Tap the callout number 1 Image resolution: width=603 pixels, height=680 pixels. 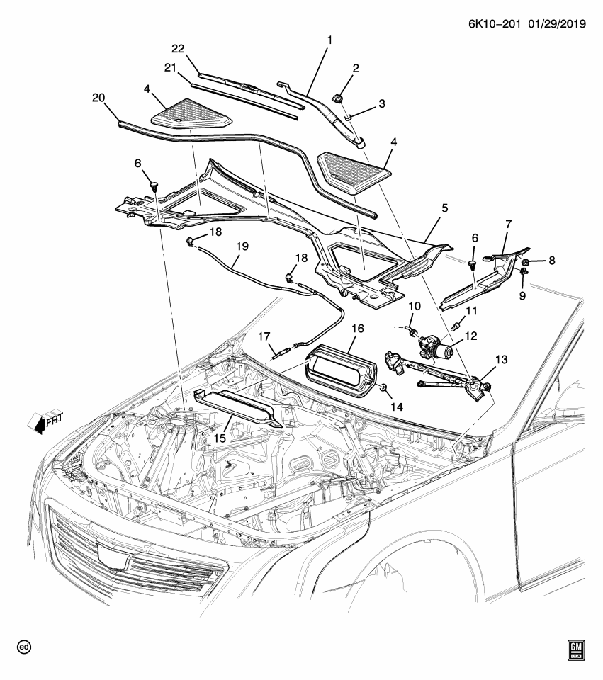coord(328,41)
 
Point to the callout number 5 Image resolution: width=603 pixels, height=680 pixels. coord(444,209)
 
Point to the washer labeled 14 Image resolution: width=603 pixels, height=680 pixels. coord(383,388)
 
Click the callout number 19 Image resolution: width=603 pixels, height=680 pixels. coord(242,247)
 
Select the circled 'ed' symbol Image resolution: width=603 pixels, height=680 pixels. coord(26,647)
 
